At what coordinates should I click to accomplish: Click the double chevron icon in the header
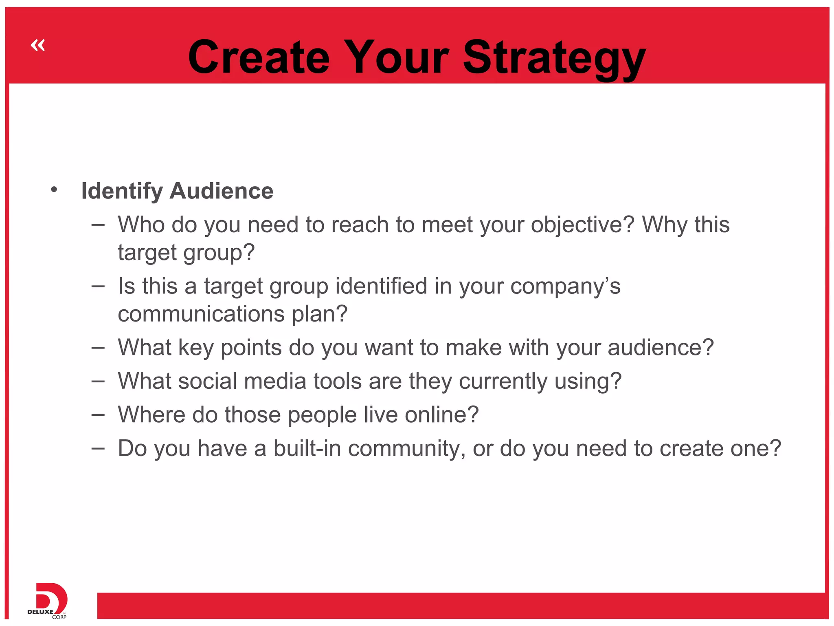[x=38, y=45]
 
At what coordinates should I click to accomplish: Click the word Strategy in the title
[x=554, y=58]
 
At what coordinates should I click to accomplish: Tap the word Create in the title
[x=259, y=58]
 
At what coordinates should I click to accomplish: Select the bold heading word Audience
[x=222, y=191]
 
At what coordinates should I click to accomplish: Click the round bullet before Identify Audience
[x=54, y=190]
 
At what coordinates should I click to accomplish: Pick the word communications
[x=201, y=314]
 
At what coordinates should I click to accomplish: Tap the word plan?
[x=320, y=314]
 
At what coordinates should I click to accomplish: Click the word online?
[x=441, y=415]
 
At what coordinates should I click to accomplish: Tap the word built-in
[x=307, y=448]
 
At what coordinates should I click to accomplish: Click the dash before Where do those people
[x=98, y=415]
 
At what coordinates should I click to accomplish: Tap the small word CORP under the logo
[x=59, y=617]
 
